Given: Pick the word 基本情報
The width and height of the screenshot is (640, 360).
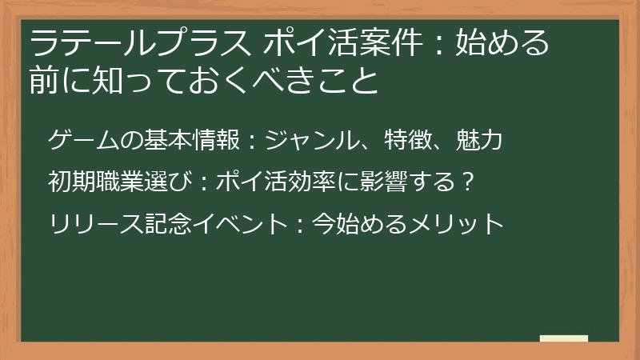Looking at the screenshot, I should click(x=191, y=142).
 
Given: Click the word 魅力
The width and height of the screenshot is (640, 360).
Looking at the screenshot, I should click(x=478, y=142).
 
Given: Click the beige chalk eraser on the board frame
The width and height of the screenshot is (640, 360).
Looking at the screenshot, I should click(x=564, y=339).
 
